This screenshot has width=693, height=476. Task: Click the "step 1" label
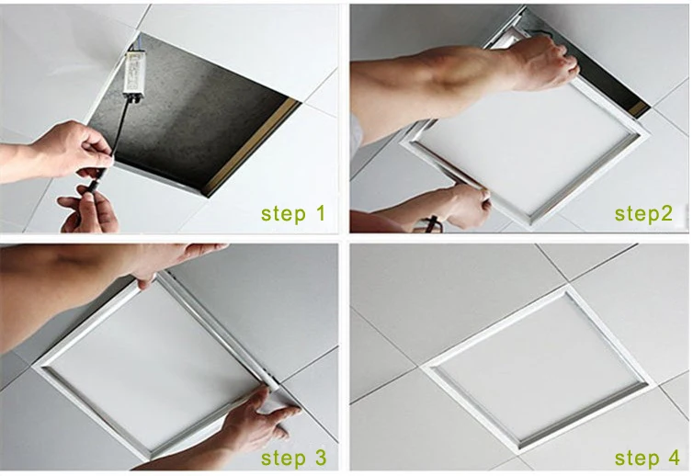pos(293,214)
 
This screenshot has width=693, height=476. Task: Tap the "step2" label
pos(643,214)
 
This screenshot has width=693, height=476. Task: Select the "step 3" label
pos(293,458)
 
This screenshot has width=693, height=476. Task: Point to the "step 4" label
pos(647,458)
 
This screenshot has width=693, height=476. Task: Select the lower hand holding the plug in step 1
pos(90,209)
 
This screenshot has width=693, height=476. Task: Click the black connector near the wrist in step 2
pos(433,221)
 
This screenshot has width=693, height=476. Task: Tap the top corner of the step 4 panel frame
pos(566,289)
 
